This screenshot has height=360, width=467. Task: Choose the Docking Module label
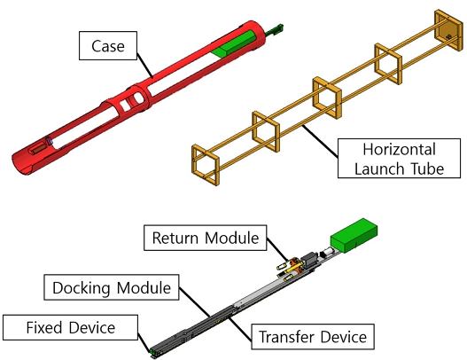tap(110, 287)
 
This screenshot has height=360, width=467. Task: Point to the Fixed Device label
tap(71, 328)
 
